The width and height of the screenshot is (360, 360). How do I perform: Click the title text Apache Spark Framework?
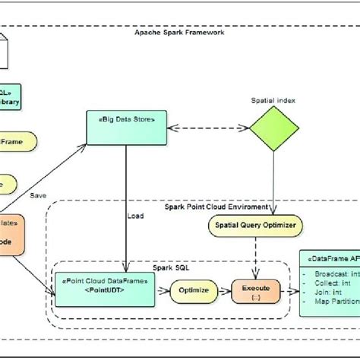click(x=179, y=32)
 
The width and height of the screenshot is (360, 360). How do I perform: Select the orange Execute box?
click(x=255, y=289)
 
